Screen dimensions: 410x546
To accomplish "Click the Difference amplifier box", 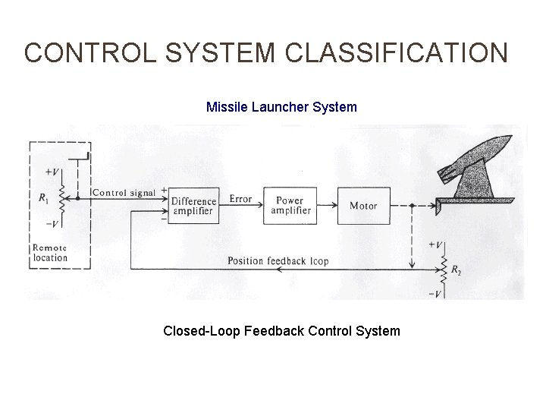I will [192, 205].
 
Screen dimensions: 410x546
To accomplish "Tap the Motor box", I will [363, 205].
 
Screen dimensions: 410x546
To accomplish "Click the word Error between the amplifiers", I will [240, 200].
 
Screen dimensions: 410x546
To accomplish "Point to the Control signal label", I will [124, 193].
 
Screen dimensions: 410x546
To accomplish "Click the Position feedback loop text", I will [278, 261].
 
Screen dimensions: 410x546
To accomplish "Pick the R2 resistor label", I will [455, 270].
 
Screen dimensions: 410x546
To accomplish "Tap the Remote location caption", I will [50, 253].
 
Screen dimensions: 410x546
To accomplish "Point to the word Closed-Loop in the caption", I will [198, 331].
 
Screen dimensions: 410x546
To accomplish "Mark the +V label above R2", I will [436, 245].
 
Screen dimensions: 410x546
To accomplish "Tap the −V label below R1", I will [53, 224].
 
